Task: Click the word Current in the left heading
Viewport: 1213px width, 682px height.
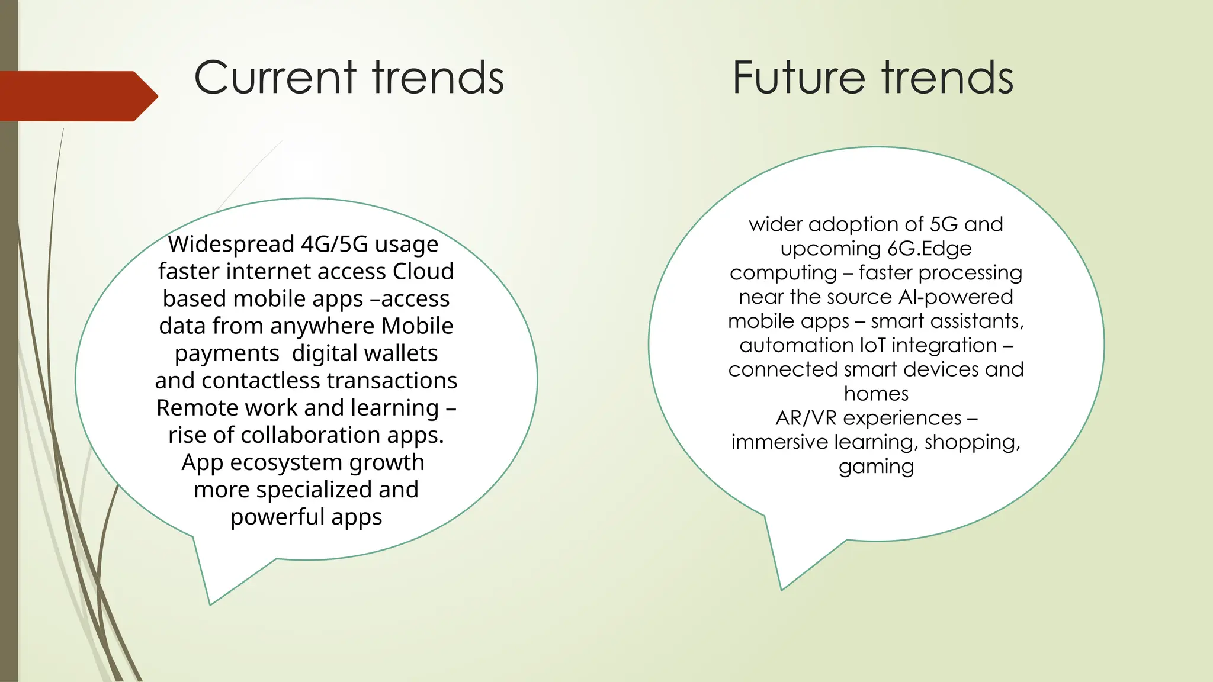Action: tap(275, 78)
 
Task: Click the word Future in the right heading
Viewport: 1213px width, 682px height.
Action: tap(798, 78)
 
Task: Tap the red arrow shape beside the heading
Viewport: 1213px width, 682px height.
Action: tap(77, 96)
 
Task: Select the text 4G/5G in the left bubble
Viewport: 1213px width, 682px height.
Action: tap(334, 244)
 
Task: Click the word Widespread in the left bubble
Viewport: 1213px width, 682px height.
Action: tap(230, 244)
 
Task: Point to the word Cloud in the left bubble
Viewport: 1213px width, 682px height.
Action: tap(423, 271)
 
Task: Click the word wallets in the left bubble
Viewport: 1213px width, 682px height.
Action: tap(402, 353)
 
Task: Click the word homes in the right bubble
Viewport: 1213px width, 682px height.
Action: tap(876, 394)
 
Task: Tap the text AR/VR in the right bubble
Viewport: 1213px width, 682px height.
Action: tap(806, 418)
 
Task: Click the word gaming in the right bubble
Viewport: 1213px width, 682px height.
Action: tap(876, 467)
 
